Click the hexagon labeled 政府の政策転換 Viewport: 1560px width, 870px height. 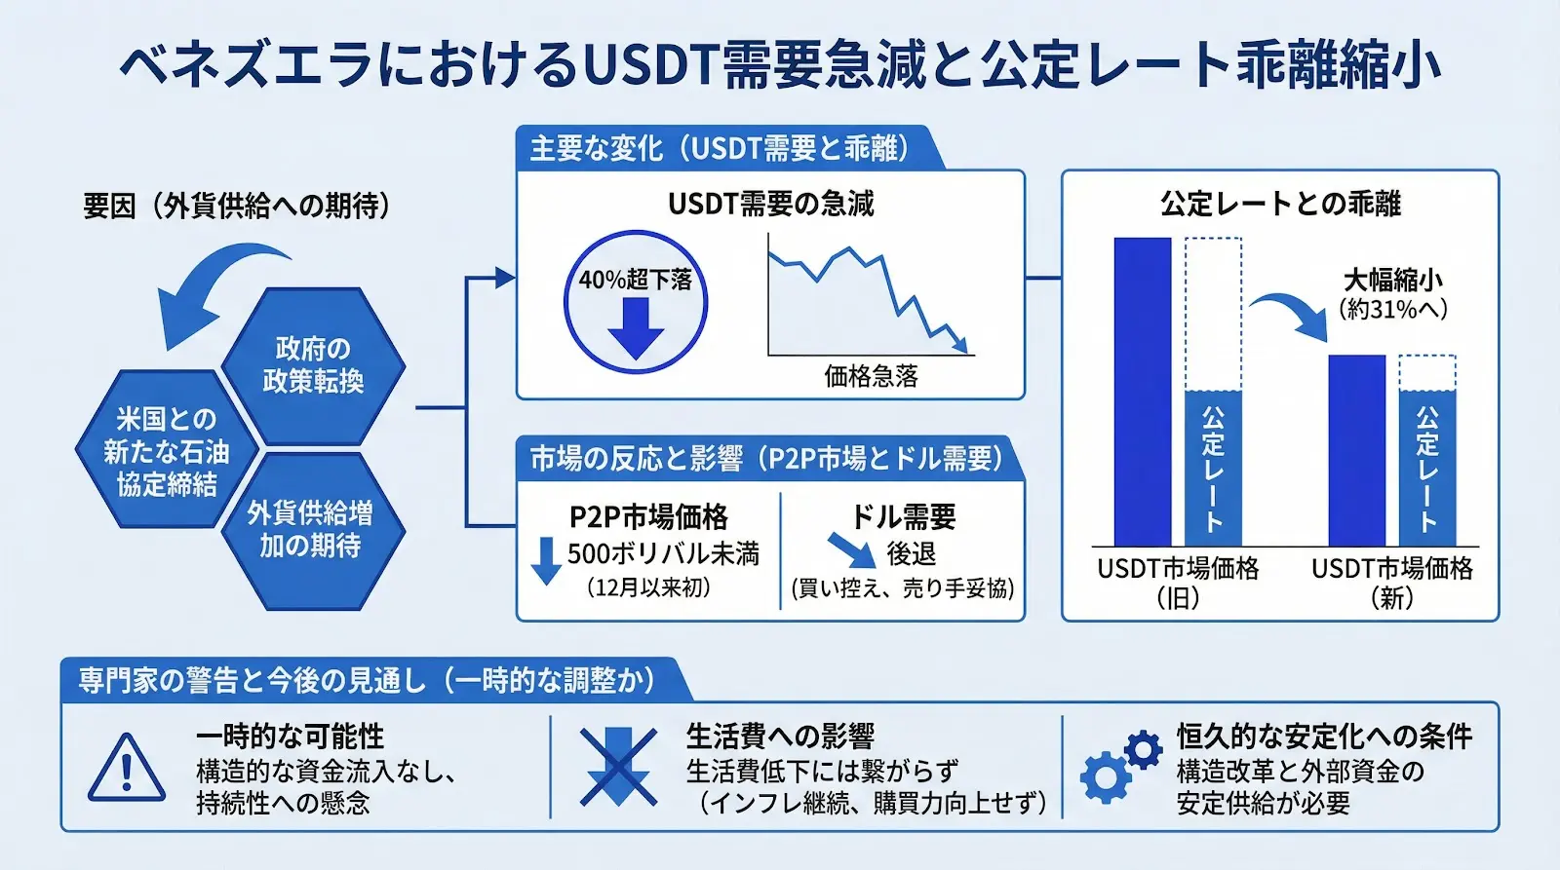(x=313, y=365)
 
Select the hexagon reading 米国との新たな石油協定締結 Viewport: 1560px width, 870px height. (x=167, y=450)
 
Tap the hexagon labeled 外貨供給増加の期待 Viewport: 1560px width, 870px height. (x=310, y=529)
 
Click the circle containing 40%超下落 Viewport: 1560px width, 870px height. (x=636, y=302)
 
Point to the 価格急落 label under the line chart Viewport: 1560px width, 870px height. (x=871, y=377)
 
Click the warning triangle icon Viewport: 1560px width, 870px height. (x=127, y=769)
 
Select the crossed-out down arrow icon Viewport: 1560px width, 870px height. (x=617, y=768)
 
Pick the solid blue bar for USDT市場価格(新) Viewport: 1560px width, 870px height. (x=1356, y=450)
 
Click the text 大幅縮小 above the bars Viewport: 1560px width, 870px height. (x=1392, y=281)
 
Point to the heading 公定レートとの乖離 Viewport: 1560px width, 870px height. (x=1280, y=204)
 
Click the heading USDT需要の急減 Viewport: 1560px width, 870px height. (x=770, y=204)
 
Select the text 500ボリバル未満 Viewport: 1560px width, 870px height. (x=663, y=553)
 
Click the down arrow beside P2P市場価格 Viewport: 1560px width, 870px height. (x=546, y=560)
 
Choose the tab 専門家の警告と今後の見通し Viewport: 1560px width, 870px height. (x=367, y=680)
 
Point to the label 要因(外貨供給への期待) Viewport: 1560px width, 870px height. (x=237, y=206)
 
